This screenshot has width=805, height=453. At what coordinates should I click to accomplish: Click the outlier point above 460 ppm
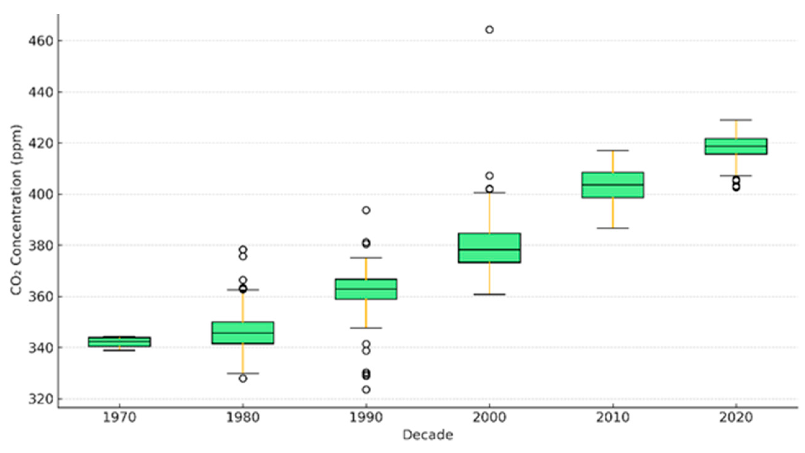click(x=489, y=30)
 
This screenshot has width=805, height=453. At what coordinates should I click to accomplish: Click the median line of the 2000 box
click(x=489, y=249)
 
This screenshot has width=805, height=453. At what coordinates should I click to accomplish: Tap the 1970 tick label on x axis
click(x=120, y=418)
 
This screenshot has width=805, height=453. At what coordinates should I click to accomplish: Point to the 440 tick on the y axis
click(x=41, y=92)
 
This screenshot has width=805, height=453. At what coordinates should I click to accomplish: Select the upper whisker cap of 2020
click(x=736, y=120)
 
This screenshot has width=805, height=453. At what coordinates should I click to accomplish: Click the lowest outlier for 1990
click(x=366, y=390)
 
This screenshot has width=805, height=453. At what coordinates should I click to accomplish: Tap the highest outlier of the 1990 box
click(x=366, y=210)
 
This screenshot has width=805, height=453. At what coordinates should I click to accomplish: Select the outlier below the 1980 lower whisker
click(x=243, y=378)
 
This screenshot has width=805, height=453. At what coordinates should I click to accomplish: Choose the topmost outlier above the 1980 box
click(x=243, y=250)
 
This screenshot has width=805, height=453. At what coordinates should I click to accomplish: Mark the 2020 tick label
click(x=736, y=418)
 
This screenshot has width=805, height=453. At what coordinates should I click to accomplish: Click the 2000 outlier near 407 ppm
click(x=489, y=176)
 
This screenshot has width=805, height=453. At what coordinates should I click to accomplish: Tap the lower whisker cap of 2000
click(x=489, y=294)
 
